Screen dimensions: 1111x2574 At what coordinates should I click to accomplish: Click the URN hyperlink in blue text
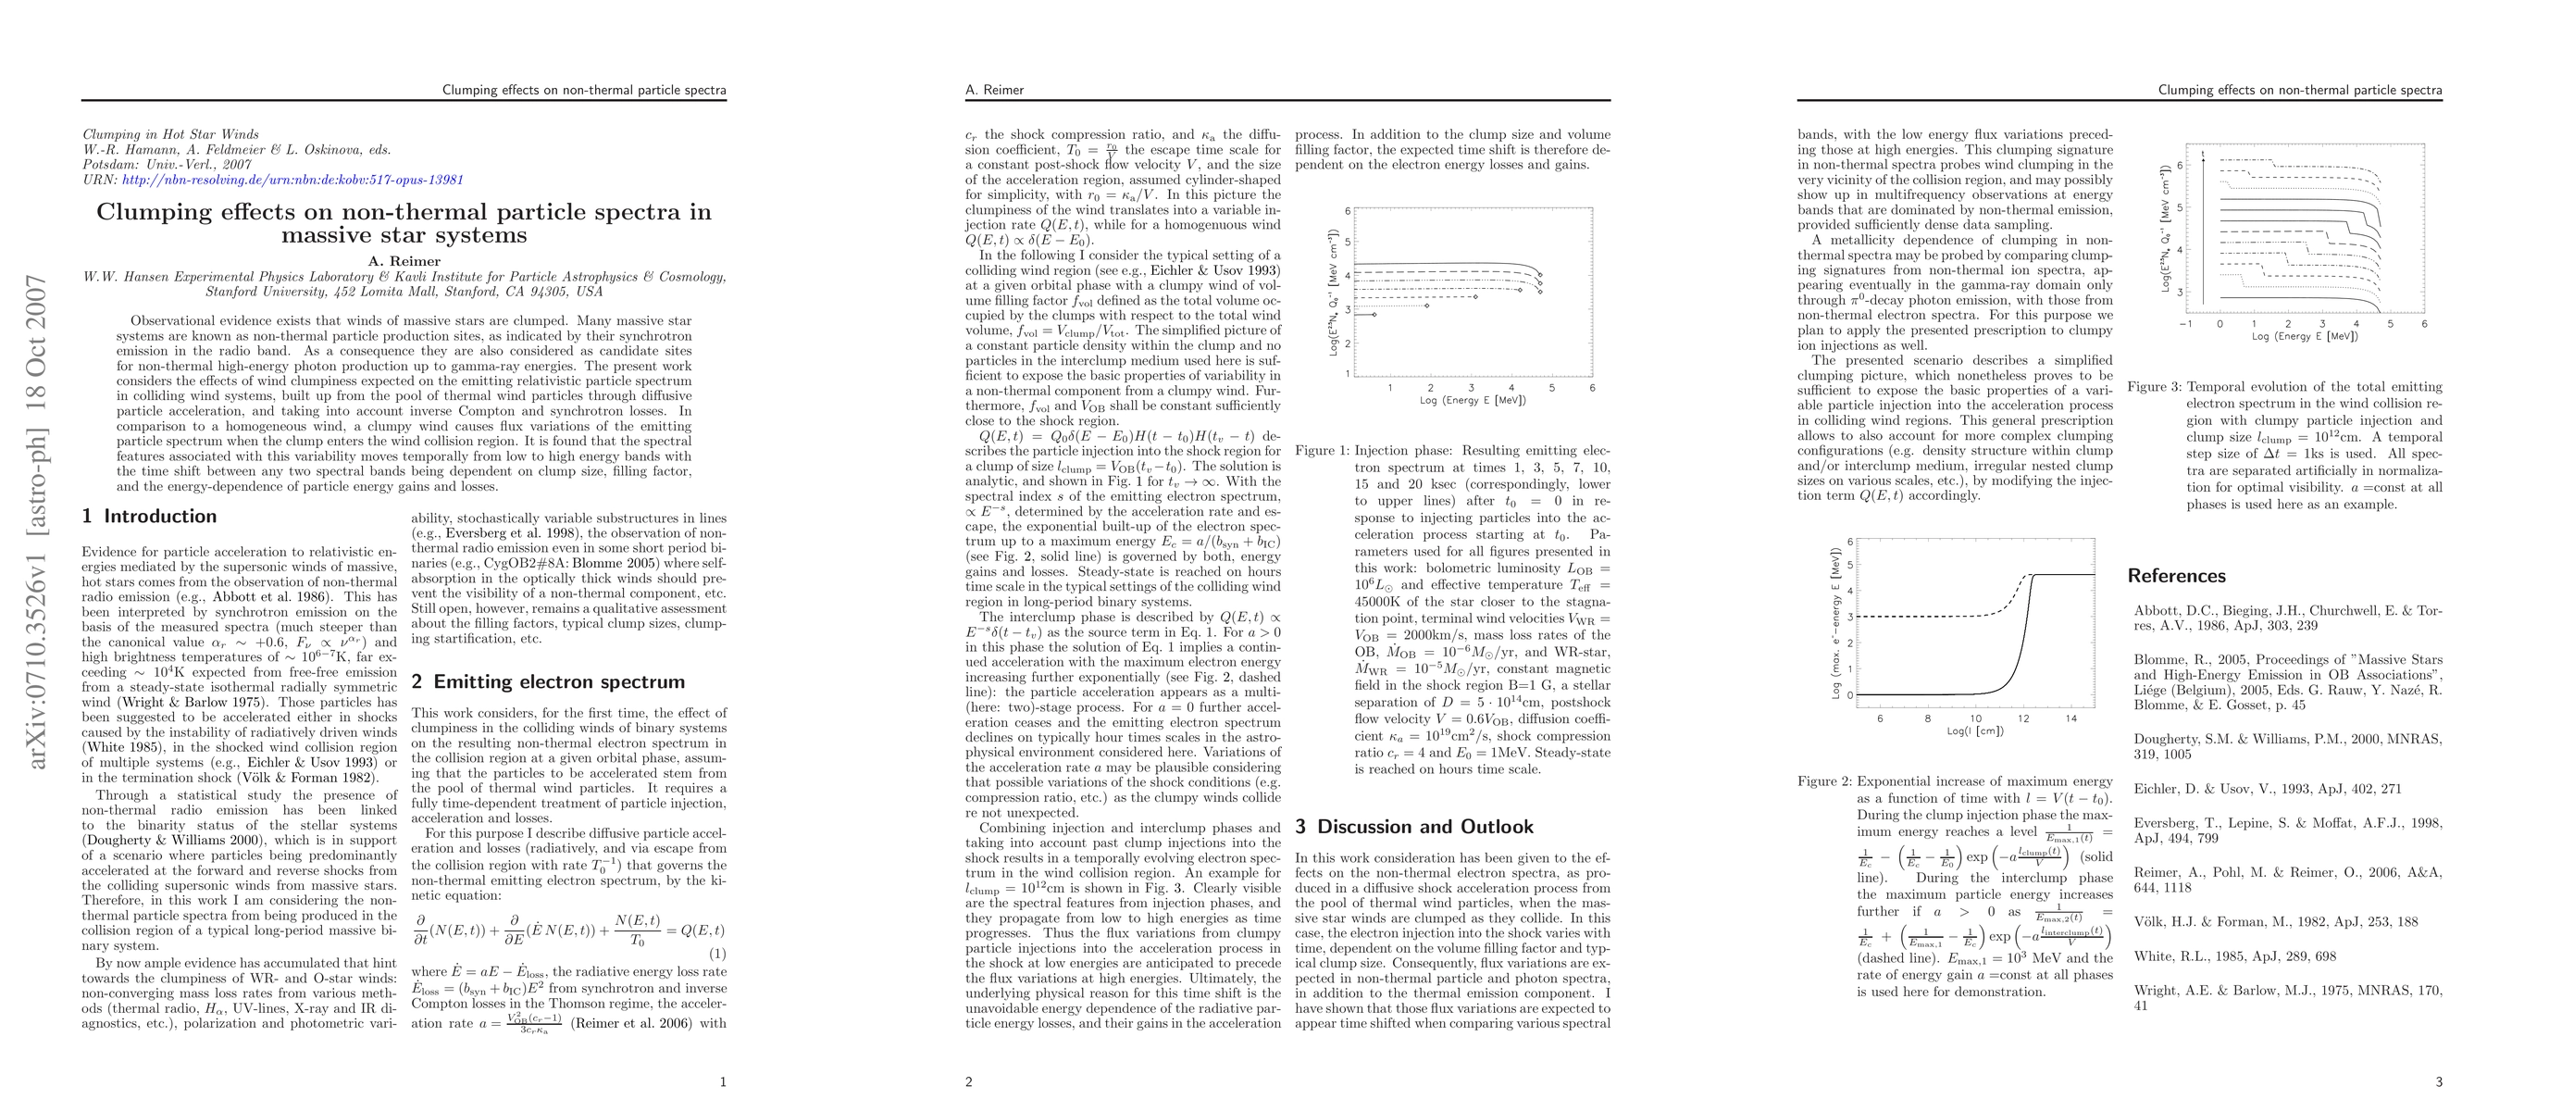(x=292, y=180)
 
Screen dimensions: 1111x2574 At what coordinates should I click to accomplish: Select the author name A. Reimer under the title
(x=404, y=262)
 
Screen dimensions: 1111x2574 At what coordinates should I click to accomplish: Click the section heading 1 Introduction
(x=149, y=517)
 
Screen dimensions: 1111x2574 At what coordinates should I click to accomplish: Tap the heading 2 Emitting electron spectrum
(x=548, y=682)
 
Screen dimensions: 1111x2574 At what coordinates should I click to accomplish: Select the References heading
(x=2176, y=577)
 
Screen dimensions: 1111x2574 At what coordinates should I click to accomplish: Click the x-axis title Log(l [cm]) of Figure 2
(x=1975, y=731)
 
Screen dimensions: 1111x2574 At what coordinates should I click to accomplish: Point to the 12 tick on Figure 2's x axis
(x=2023, y=718)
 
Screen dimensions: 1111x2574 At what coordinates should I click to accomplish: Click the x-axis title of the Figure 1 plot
(x=1473, y=401)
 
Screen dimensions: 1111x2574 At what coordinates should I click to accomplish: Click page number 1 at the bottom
(x=723, y=1082)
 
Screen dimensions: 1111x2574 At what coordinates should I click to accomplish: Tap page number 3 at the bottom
(x=2438, y=1082)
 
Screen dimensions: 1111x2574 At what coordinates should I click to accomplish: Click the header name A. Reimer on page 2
(x=994, y=90)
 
